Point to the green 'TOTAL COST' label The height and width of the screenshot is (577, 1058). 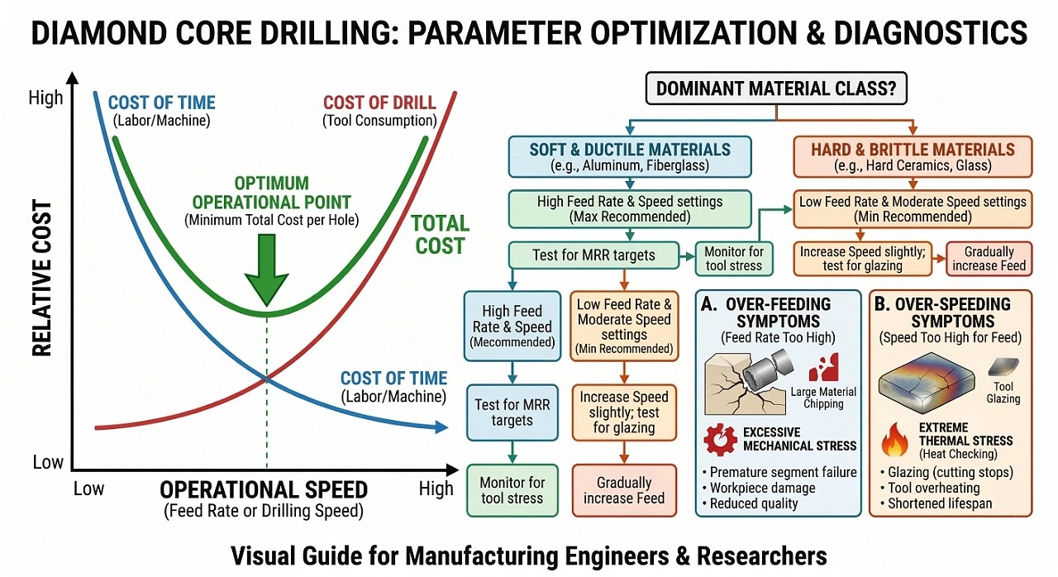440,234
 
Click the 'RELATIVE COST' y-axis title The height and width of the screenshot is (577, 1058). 42,278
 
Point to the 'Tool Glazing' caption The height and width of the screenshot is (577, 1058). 1003,392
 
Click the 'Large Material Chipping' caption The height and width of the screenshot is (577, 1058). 823,398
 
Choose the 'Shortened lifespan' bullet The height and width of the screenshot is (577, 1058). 940,503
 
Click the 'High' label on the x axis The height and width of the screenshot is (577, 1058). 436,489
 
